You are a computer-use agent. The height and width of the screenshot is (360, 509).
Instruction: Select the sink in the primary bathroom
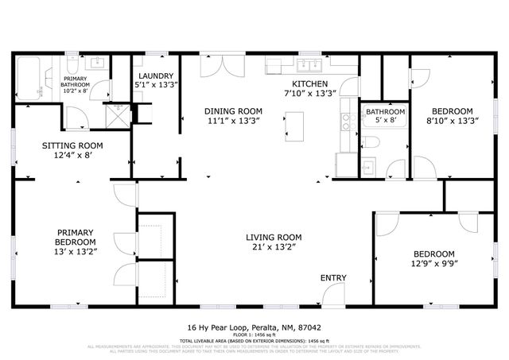(99, 64)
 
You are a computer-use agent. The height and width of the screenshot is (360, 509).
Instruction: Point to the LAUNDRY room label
(150, 76)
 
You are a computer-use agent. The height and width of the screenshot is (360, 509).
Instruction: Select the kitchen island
(294, 124)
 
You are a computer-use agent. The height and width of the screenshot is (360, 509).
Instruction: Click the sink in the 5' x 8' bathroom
(368, 168)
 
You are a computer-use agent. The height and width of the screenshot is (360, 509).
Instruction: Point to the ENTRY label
(332, 277)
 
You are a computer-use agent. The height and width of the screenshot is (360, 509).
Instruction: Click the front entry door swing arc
(334, 295)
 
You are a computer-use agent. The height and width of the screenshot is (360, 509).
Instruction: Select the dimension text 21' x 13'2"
(273, 247)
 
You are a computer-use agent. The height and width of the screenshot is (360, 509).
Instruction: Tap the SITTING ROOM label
(72, 145)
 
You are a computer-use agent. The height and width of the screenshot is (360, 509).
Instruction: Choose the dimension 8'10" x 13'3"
(452, 121)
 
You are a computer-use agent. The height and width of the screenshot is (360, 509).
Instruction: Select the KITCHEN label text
(309, 83)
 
